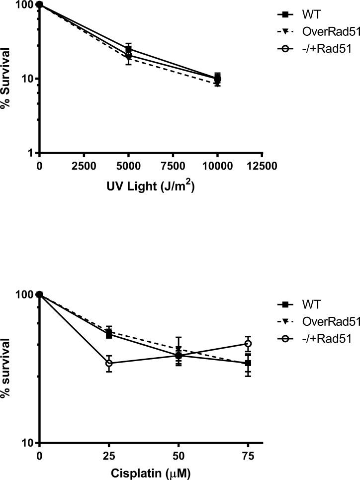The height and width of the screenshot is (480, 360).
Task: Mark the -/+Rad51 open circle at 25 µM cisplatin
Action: coord(109,363)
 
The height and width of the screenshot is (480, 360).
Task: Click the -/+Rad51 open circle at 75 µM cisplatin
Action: coord(248,344)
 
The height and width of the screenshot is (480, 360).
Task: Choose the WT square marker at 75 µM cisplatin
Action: coord(248,364)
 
